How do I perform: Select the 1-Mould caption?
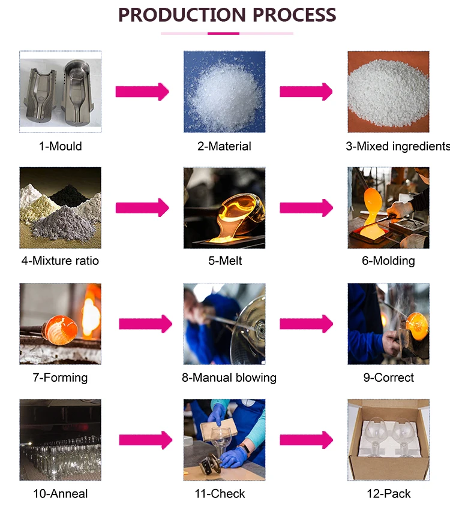tap(60, 146)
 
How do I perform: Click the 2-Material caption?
tap(224, 146)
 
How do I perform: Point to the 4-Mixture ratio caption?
tap(59, 261)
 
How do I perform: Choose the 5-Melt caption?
tap(224, 261)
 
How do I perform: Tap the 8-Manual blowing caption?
tap(229, 378)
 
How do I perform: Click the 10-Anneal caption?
tap(60, 494)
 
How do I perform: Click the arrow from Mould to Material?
tap(142, 92)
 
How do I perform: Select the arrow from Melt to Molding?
tap(306, 208)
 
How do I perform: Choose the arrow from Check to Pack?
tap(306, 440)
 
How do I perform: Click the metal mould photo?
tap(60, 91)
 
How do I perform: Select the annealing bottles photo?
tap(60, 440)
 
